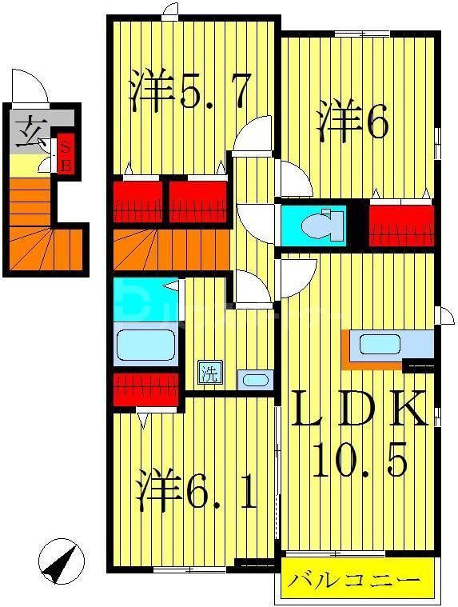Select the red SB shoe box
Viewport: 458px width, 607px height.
[x=66, y=155]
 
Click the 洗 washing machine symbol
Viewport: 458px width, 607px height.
[x=209, y=373]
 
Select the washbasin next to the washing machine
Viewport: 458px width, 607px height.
[x=255, y=379]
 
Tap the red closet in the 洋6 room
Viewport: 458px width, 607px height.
[x=401, y=224]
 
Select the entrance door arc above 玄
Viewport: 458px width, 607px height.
[x=30, y=87]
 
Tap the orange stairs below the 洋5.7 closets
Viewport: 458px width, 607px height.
[x=172, y=250]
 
